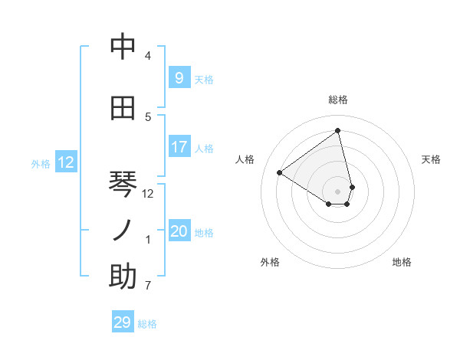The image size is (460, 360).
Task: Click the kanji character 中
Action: (x=123, y=47)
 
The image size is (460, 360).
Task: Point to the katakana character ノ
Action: (x=123, y=230)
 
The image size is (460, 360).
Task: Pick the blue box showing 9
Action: (x=179, y=77)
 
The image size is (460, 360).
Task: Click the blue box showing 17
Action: (x=179, y=146)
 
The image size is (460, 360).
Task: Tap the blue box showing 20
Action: (x=179, y=231)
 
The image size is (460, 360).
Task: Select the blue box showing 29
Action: (x=123, y=322)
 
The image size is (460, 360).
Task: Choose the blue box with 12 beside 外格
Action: (x=66, y=162)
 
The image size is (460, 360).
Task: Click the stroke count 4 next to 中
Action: (x=148, y=56)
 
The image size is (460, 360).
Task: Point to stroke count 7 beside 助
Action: (x=148, y=286)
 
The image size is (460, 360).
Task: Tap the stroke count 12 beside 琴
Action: (x=148, y=194)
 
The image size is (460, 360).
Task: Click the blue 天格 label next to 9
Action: (x=204, y=79)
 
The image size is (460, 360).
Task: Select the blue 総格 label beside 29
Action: (x=147, y=324)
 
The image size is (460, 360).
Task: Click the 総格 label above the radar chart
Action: (x=338, y=100)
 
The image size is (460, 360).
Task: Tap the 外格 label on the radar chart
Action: (x=270, y=262)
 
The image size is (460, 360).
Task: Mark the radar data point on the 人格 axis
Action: (x=280, y=172)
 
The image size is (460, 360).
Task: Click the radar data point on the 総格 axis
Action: (x=338, y=130)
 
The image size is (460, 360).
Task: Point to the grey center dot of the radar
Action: (x=338, y=191)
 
